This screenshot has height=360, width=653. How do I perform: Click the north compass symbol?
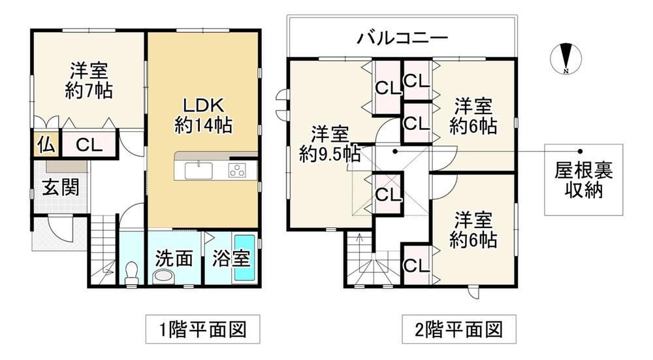click(566, 59)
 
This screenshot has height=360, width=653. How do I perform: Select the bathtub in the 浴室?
click(244, 258)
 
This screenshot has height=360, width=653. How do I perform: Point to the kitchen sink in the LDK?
click(199, 171)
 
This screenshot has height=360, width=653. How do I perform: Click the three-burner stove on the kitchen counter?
click(237, 171)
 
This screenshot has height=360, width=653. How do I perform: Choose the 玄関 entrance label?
click(61, 188)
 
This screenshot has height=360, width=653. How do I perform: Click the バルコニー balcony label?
click(402, 38)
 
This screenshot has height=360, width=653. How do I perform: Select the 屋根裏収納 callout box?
click(583, 180)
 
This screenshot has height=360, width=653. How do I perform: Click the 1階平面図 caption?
click(203, 329)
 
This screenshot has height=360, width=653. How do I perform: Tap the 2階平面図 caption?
click(458, 329)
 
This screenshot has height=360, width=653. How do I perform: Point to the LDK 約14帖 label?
click(203, 116)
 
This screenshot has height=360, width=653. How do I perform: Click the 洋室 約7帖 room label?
click(89, 80)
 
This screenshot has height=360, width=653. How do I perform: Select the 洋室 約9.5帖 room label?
click(330, 144)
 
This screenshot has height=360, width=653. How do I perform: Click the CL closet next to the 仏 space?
click(89, 145)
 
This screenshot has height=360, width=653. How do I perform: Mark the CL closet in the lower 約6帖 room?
click(417, 265)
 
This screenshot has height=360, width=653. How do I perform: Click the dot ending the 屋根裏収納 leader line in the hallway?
click(395, 151)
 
